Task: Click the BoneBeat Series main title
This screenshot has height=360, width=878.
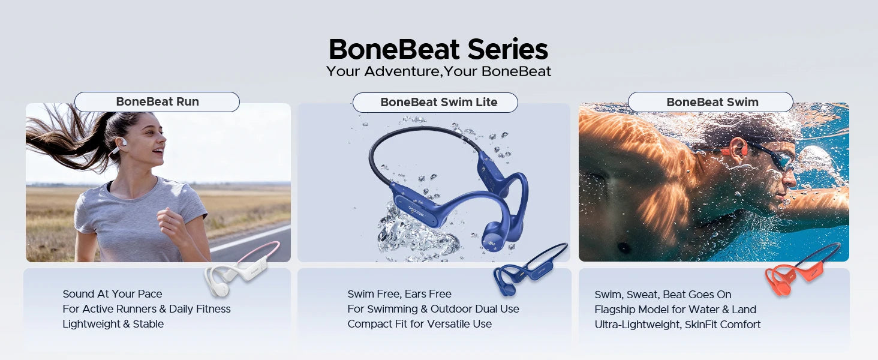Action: coord(438,49)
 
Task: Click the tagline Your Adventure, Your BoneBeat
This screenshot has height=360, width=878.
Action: coord(438,71)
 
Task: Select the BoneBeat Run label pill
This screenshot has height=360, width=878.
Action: coord(157,102)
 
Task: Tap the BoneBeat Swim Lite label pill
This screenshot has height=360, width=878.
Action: coord(435,103)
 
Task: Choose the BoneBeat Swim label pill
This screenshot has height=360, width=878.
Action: coord(710,102)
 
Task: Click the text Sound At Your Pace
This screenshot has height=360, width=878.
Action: coord(112,294)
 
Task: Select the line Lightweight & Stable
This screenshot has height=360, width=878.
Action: coord(113,324)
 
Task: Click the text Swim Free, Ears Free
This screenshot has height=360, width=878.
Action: coord(399,294)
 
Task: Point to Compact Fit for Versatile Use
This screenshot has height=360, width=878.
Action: coord(419,324)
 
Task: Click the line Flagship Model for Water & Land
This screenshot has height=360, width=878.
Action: coord(675,310)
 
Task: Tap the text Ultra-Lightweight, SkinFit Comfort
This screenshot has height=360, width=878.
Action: coord(677,325)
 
